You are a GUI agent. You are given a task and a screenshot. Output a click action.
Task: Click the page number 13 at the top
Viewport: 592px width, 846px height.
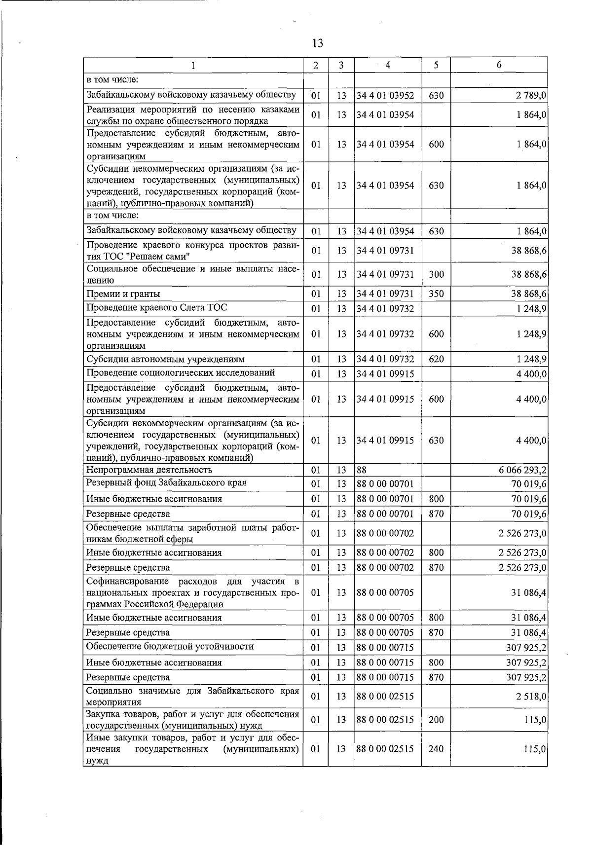coord(317,43)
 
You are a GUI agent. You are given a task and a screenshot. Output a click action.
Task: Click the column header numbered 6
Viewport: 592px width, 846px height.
coord(499,65)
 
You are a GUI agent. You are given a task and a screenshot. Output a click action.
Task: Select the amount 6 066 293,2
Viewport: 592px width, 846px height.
coord(522,470)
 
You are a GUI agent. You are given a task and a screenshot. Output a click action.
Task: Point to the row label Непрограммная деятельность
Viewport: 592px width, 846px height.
coord(149,470)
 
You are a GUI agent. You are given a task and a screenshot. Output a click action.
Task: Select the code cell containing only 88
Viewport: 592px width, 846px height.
coord(362,470)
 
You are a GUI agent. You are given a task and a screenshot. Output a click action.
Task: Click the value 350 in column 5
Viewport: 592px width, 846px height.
coord(436,294)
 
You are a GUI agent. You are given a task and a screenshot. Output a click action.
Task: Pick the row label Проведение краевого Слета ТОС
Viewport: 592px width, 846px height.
coord(156,308)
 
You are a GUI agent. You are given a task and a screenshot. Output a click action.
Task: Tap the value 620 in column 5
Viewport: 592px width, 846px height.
coord(436,359)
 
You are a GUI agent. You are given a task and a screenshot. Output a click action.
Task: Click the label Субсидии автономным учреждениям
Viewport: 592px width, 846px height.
coord(165,359)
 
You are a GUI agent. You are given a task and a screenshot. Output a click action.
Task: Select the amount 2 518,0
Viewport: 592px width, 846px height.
coord(531,697)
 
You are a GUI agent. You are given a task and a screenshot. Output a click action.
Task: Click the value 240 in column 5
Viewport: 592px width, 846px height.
coord(436,749)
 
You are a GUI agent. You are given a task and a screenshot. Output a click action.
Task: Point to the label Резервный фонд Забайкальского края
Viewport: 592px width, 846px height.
coord(166,482)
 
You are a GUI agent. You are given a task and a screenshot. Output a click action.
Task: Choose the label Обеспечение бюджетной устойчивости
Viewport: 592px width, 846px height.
coord(170,646)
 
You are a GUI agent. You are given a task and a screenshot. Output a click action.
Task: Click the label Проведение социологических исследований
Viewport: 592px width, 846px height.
coord(181,372)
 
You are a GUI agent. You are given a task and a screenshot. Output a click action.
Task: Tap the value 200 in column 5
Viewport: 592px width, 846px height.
coord(436,720)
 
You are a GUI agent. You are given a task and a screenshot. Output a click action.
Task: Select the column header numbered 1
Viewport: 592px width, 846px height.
coord(193,65)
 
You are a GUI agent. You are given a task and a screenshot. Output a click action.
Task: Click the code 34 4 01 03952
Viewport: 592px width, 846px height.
coord(385,95)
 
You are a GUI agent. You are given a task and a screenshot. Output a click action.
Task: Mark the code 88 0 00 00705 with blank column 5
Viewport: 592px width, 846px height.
coord(385,592)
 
